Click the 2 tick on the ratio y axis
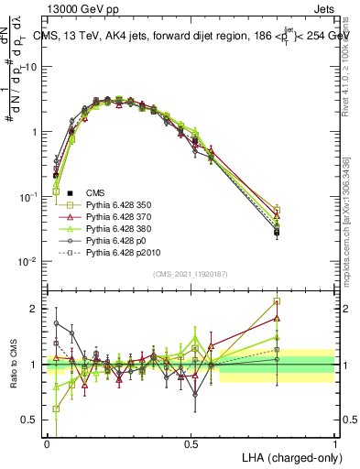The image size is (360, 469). coord(37,309)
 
